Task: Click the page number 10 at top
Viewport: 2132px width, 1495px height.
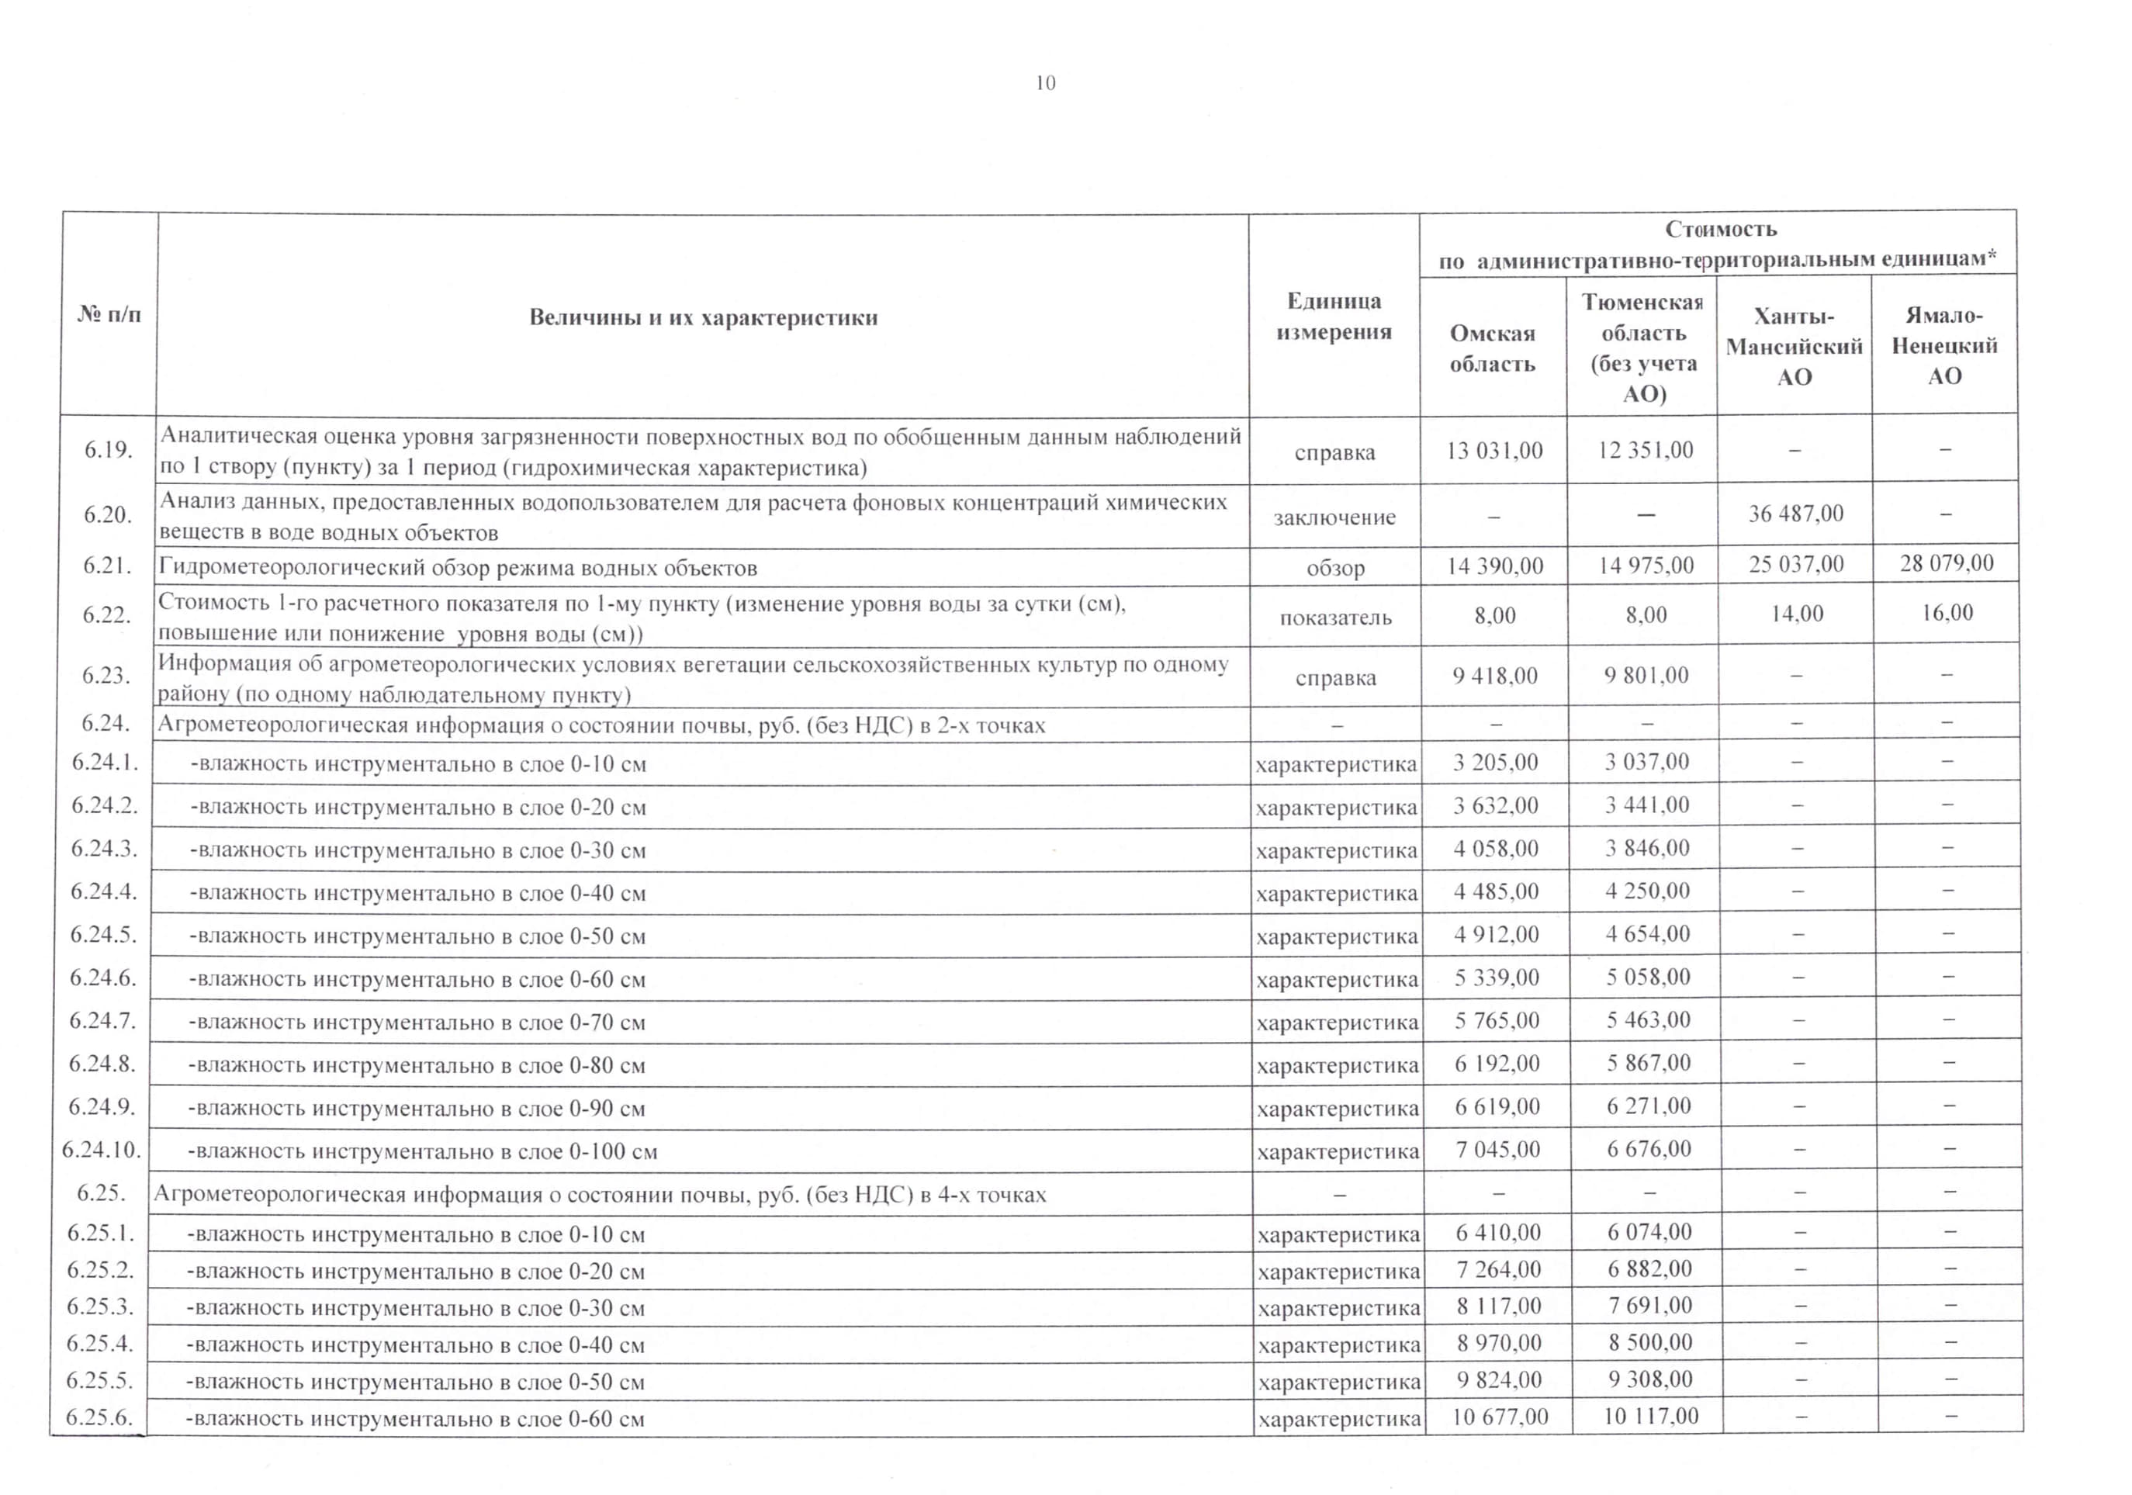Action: point(1046,84)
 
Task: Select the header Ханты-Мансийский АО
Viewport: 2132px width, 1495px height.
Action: point(1794,346)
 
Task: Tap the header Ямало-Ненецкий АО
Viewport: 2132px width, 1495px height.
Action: point(1944,345)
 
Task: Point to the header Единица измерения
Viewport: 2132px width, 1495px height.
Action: point(1334,317)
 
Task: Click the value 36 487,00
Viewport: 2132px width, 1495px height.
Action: point(1796,514)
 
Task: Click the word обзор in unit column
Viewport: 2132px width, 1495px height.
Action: point(1335,568)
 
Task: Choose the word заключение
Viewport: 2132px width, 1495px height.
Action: point(1334,517)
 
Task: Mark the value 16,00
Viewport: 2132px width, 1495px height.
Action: point(1947,613)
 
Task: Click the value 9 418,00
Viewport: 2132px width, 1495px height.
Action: point(1495,676)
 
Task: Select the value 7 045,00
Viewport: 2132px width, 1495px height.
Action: point(1498,1150)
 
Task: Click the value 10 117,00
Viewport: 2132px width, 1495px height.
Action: point(1650,1416)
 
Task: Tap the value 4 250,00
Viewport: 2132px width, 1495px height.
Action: point(1647,891)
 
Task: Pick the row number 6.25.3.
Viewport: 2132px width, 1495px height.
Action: point(100,1306)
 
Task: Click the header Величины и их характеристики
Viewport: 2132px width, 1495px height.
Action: point(703,317)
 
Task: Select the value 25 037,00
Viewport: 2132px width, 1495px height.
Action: point(1796,565)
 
